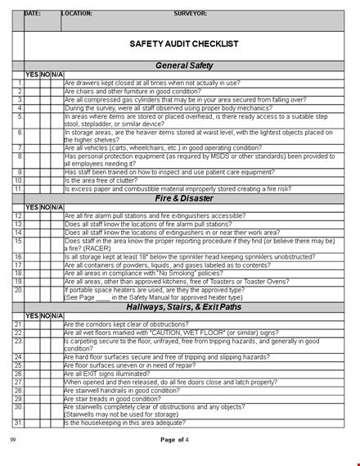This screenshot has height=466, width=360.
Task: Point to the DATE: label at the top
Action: (33, 13)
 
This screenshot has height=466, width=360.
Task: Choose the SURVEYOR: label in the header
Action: (190, 13)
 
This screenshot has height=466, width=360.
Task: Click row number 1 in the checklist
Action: (19, 83)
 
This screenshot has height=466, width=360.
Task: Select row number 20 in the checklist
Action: (19, 290)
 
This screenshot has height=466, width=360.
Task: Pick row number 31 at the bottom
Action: (19, 422)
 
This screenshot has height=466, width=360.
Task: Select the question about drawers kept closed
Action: (152, 83)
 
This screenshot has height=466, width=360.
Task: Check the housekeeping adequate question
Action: (131, 422)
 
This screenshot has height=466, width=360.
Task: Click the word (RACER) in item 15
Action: (97, 249)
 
